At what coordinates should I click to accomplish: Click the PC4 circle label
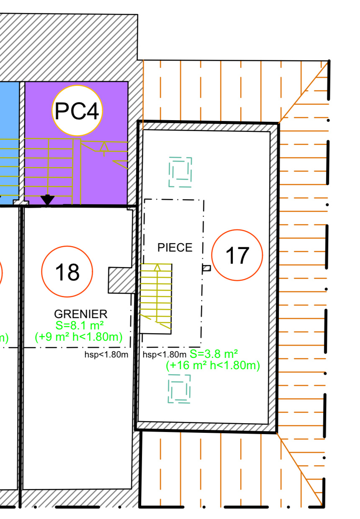[77, 110]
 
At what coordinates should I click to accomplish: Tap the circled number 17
[237, 255]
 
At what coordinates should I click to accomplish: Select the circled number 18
[67, 272]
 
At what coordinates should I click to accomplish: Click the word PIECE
[175, 247]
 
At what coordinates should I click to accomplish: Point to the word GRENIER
[81, 314]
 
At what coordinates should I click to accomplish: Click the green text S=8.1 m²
[80, 325]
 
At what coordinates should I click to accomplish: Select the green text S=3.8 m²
[213, 354]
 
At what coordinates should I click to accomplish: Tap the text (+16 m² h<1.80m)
[213, 365]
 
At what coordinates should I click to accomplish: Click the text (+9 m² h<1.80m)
[79, 337]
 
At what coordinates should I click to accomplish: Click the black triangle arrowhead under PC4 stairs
[47, 200]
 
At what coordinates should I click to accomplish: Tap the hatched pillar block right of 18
[122, 280]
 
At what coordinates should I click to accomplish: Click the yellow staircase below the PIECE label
[156, 298]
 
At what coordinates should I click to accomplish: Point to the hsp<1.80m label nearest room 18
[106, 355]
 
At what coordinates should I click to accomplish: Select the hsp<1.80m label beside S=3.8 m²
[165, 355]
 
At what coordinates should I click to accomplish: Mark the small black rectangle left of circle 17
[206, 268]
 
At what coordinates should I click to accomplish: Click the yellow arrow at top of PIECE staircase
[157, 267]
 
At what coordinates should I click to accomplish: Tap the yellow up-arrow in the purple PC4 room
[104, 148]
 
